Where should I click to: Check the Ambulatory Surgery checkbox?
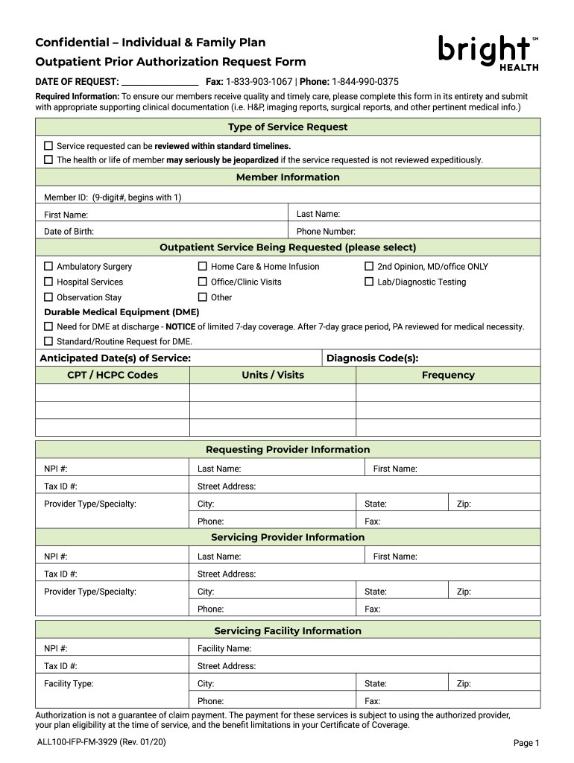pos(48,266)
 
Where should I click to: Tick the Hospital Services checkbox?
pos(48,282)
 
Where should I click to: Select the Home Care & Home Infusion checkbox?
pos(202,266)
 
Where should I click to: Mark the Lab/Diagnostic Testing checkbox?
pos(368,282)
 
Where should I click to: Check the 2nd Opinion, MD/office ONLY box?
pos(368,266)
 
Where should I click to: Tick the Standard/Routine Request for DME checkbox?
pos(48,341)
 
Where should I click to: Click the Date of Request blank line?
pos(160,81)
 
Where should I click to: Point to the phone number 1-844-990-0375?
pos(365,81)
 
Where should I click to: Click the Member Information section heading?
pos(288,177)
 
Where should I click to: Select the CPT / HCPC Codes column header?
pos(113,375)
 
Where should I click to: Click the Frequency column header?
pos(448,375)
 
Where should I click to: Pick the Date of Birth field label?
pos(69,232)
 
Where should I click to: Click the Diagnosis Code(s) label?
pos(377,358)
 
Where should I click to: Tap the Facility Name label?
pos(224,649)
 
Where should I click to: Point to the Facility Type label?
pos(69,683)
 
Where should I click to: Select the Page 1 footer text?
pos(526,743)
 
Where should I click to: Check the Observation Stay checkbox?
pos(48,297)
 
